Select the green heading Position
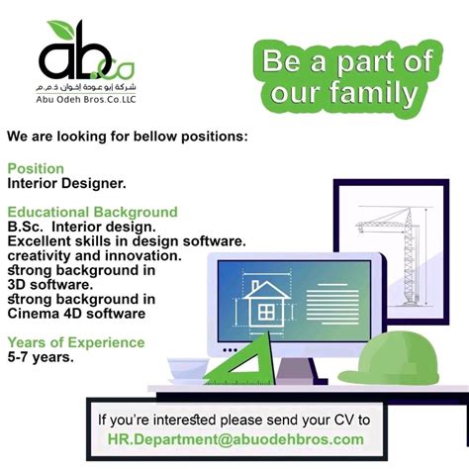(x=36, y=168)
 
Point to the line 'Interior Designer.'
(x=66, y=183)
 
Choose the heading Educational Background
(x=92, y=212)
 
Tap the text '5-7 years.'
(x=41, y=357)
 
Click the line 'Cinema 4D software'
(x=76, y=314)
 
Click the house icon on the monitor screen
(x=265, y=301)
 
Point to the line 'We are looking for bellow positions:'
(x=127, y=135)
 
